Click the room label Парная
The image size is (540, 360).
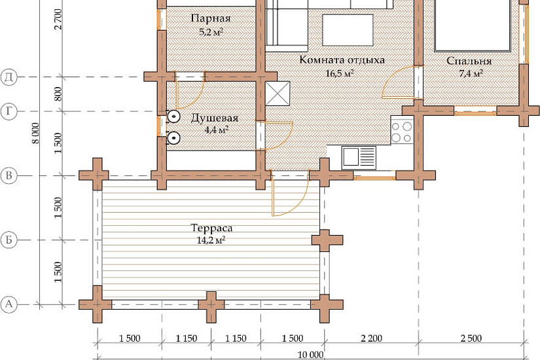[x=210, y=18]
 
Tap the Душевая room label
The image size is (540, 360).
[x=214, y=118]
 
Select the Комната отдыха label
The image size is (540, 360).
[x=342, y=60]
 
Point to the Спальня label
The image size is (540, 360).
[x=469, y=61]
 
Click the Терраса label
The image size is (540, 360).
[x=211, y=228]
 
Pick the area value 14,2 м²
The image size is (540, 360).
[x=211, y=240]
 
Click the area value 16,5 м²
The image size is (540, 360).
[x=340, y=73]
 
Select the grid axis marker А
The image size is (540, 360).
[x=9, y=304]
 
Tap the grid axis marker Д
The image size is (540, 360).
[x=9, y=77]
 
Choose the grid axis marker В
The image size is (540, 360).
[x=9, y=175]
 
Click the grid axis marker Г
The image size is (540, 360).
[x=9, y=111]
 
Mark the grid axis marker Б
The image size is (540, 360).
[x=9, y=240]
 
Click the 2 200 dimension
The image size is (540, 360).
[x=371, y=338]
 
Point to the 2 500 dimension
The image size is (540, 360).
[x=471, y=338]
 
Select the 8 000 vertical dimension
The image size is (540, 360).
[x=35, y=133]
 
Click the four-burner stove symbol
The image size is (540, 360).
[x=402, y=130]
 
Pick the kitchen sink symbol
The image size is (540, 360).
[x=359, y=157]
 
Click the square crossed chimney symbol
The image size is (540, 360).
[x=278, y=94]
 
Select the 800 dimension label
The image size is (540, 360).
[x=58, y=94]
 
